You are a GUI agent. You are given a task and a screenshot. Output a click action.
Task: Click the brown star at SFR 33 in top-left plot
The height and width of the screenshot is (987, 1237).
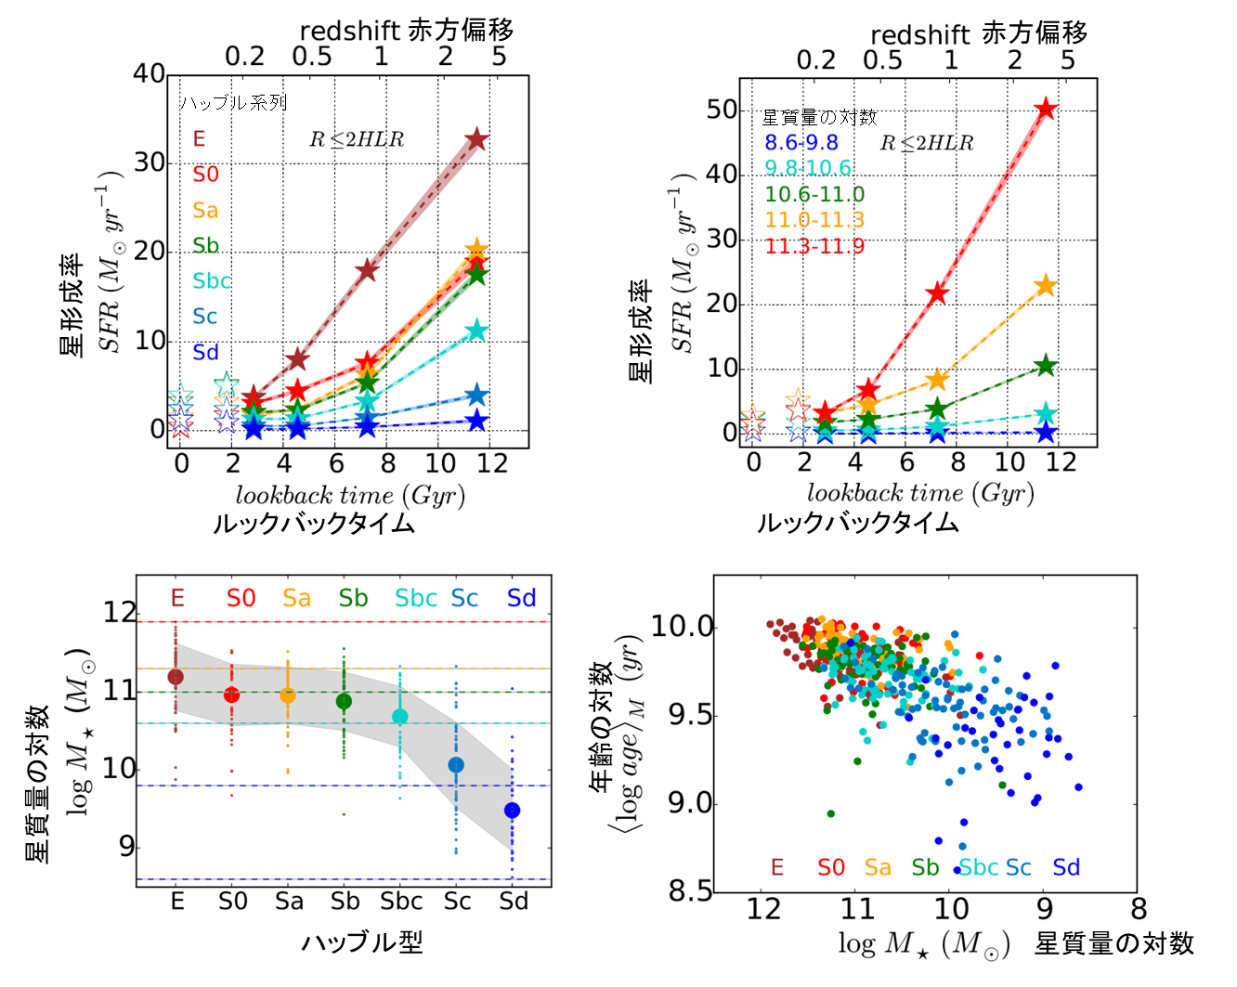point(476,139)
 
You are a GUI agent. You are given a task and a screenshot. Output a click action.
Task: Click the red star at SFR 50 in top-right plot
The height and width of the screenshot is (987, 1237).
point(1047,109)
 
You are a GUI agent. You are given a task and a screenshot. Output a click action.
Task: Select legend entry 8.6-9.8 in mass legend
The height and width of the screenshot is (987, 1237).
point(801,142)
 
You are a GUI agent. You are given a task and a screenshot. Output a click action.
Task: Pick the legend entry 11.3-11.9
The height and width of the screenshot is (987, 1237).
point(814,246)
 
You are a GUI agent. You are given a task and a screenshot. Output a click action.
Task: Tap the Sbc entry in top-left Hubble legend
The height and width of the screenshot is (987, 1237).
point(211,280)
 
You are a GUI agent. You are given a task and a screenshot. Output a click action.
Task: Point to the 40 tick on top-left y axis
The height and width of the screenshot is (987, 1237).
point(149,73)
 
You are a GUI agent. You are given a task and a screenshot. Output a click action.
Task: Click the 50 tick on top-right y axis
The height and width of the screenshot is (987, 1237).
point(722,110)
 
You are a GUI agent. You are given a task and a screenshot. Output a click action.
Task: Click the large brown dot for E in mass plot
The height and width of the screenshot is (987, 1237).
point(176,677)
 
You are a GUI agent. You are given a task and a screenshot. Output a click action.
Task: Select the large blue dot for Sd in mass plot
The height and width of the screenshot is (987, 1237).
point(512,811)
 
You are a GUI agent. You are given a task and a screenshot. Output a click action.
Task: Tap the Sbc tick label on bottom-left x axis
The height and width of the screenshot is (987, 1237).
point(401,902)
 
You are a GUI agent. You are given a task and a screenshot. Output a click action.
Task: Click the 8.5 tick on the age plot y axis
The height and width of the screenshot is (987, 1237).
point(691,891)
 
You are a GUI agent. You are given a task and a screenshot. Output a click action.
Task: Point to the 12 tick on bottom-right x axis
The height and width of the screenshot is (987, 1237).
point(763,909)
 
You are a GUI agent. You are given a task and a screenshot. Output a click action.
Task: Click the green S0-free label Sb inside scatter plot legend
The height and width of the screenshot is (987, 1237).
point(925,867)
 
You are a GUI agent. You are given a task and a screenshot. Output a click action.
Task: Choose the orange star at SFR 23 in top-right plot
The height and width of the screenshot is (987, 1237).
point(1046,286)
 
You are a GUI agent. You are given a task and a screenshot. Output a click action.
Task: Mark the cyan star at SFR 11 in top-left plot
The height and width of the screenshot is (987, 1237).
point(476,331)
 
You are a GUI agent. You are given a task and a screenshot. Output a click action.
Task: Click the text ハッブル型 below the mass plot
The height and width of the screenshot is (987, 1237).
point(362,942)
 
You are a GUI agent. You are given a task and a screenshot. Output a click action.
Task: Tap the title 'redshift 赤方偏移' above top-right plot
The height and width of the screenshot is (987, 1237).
point(979,34)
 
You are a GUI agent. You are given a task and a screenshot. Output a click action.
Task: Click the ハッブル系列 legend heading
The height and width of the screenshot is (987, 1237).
point(233,102)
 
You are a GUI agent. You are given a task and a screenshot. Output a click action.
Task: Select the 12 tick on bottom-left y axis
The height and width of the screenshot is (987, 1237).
point(120,613)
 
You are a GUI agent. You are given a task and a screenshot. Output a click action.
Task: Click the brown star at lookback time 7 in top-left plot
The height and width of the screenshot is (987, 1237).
point(367,270)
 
